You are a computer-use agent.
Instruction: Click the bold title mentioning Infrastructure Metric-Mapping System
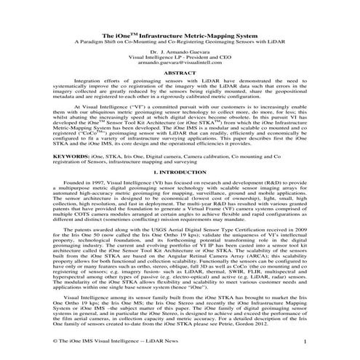coord(180,34)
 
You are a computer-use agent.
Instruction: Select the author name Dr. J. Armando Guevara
coord(180,55)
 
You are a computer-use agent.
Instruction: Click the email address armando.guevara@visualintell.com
coord(180,67)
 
